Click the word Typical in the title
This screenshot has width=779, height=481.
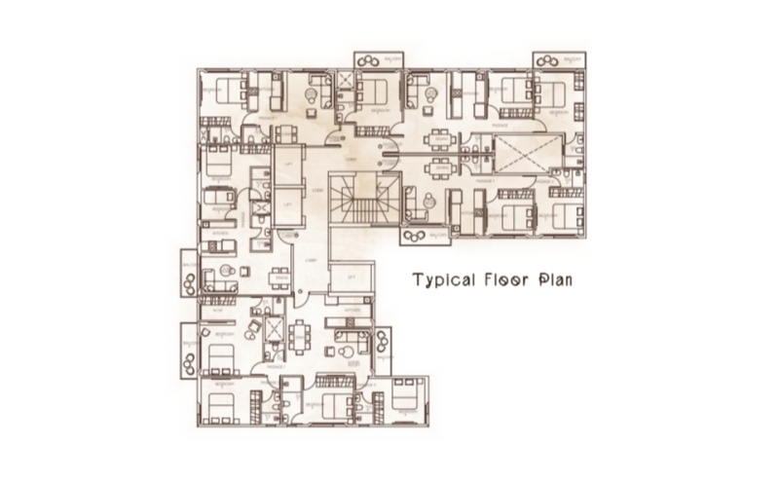coord(442,280)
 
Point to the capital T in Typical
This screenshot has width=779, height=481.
coord(418,280)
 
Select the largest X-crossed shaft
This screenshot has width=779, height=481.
coord(529,152)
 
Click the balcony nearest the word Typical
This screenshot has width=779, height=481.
coord(426,235)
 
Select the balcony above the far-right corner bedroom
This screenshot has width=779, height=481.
coord(559,58)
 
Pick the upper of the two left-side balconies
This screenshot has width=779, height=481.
coord(188,273)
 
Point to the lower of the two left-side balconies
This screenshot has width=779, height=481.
coord(188,351)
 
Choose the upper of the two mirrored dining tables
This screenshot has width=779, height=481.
coord(439,137)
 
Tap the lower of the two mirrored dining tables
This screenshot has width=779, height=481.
coord(439,168)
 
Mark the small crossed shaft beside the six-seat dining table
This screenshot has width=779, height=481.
coord(275,334)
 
